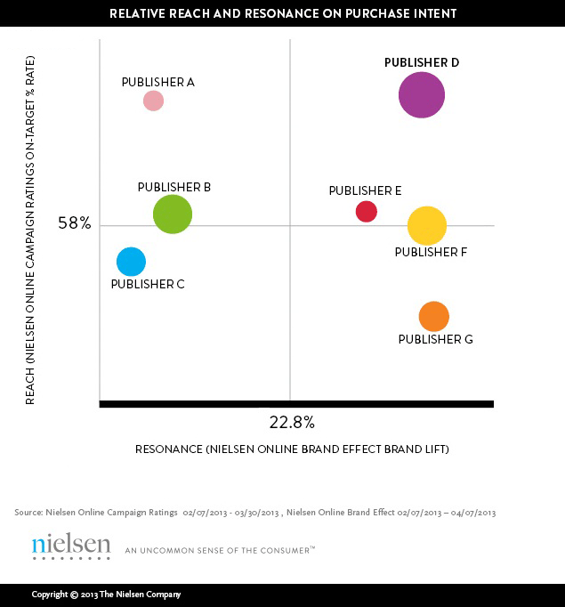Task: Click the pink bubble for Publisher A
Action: click(153, 101)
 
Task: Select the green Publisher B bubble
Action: click(173, 214)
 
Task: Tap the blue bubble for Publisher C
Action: click(131, 262)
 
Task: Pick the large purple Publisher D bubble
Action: click(422, 94)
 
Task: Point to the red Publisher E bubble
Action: click(367, 211)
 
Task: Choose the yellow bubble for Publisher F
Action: click(427, 225)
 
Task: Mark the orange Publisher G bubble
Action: click(433, 316)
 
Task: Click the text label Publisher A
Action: click(157, 82)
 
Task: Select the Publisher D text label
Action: click(422, 62)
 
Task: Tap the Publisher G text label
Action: click(435, 339)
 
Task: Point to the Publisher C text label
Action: click(148, 284)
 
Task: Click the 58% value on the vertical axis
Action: click(75, 223)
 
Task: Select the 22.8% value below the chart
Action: click(292, 421)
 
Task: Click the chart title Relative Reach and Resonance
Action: click(282, 14)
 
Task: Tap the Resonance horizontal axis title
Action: click(292, 449)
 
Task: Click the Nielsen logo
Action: click(71, 546)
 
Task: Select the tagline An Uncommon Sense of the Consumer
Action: click(220, 550)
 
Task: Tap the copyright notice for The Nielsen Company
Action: click(106, 595)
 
